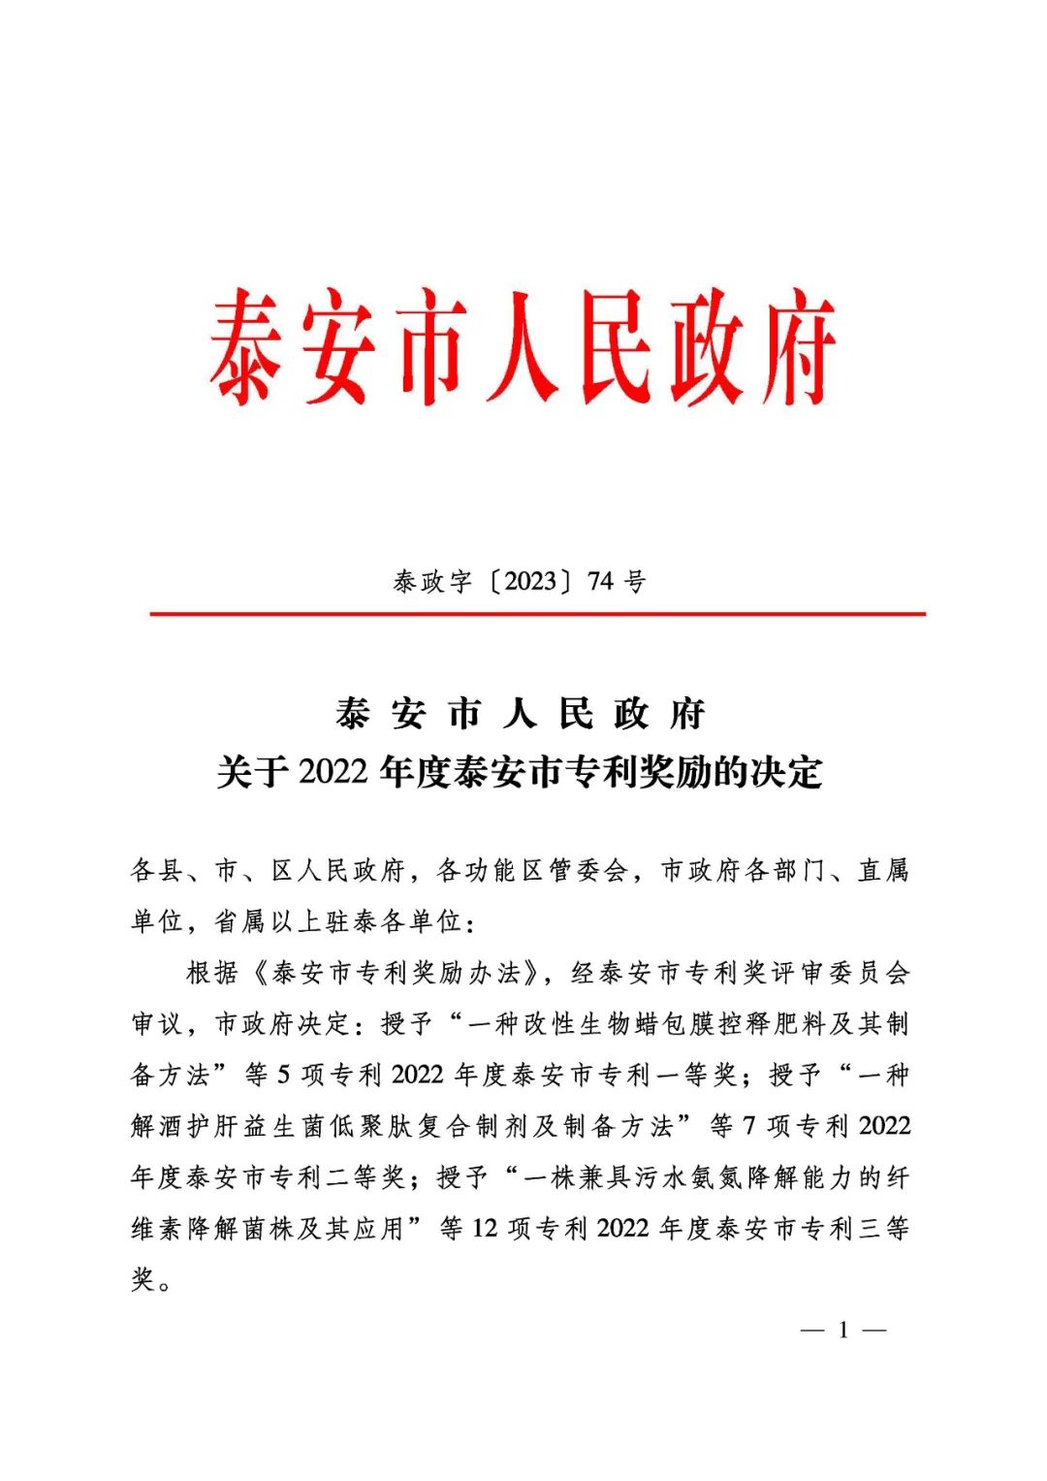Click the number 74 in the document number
point(601,581)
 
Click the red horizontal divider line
point(537,614)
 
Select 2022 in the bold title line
point(333,773)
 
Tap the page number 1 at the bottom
point(843,1330)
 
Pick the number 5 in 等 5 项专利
point(284,1075)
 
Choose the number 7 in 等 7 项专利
point(748,1126)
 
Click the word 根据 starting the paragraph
point(211,973)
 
